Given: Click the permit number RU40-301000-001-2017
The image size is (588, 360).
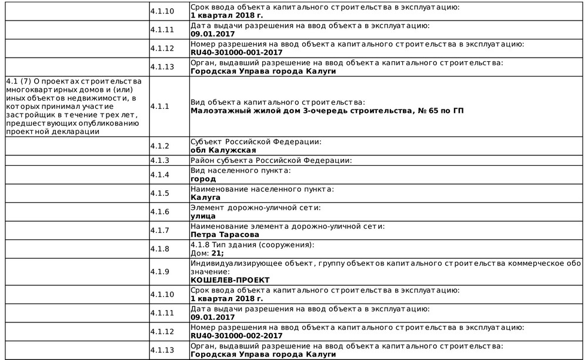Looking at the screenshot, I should pos(236,52).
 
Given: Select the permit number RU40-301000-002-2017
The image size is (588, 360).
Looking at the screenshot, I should pos(236,336).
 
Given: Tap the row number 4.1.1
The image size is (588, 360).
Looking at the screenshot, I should pos(159,106).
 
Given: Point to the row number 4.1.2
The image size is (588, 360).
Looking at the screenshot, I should pos(159,146).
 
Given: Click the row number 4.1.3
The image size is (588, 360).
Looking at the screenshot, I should pos(159,161).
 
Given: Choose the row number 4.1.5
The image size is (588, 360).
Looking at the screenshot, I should pos(159,194).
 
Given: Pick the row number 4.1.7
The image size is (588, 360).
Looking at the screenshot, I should pos(159,230).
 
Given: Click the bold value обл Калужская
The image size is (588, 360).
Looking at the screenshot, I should pos(223,150).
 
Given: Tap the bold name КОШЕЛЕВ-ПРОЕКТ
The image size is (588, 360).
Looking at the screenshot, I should pos(230,280).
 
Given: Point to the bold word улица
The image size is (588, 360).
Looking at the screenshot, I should pos(203,216).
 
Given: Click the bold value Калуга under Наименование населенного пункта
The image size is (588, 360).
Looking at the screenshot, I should pos(206,198).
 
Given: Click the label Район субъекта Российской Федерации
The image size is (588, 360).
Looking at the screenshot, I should pos(271,161).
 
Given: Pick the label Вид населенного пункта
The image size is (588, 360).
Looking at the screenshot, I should pos(240,171).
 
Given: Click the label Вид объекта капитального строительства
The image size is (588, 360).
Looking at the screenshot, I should pos(278,102).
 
